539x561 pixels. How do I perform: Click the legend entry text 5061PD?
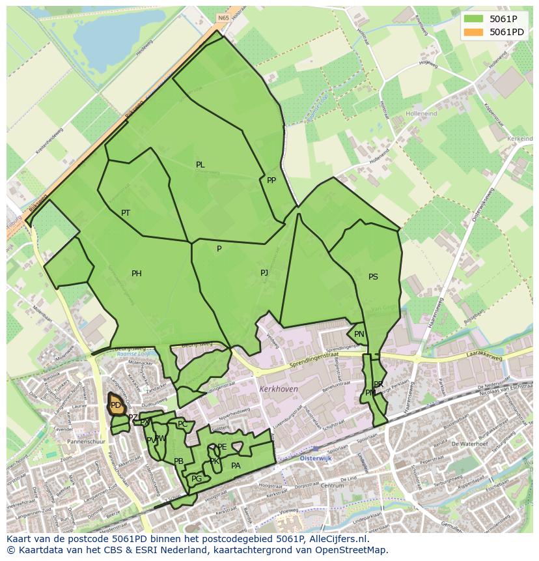click(x=506, y=32)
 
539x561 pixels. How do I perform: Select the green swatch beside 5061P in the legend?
click(x=473, y=19)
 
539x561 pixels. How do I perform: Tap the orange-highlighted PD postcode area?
click(x=115, y=405)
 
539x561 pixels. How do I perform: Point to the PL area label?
click(x=200, y=165)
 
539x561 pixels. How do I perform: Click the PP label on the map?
click(x=271, y=180)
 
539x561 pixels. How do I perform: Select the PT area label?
click(x=126, y=213)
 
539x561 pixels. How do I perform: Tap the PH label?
click(x=137, y=274)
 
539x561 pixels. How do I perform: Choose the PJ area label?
click(x=264, y=273)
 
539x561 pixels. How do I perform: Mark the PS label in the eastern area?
click(x=373, y=277)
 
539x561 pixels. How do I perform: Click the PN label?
click(x=359, y=334)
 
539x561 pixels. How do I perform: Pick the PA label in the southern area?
click(x=236, y=466)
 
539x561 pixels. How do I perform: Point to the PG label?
click(x=197, y=479)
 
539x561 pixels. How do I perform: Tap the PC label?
click(x=182, y=424)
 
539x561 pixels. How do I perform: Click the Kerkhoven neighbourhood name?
click(x=278, y=389)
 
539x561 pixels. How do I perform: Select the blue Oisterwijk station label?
click(x=316, y=458)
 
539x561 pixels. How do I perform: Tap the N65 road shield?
click(x=224, y=19)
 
